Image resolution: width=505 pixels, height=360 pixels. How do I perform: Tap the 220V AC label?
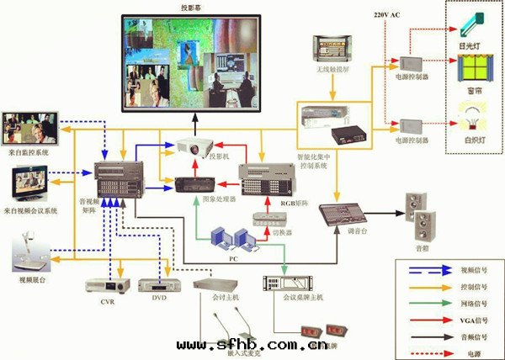tap(386, 15)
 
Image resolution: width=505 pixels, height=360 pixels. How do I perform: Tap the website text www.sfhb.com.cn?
tap(252, 345)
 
